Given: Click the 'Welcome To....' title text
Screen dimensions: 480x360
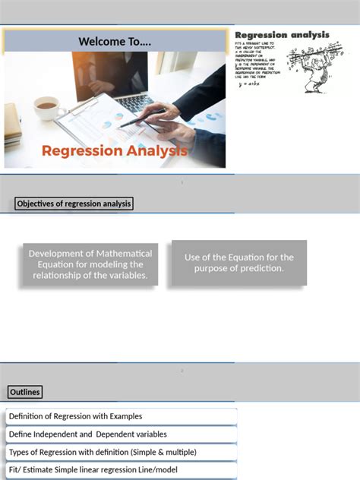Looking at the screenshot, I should [115, 41].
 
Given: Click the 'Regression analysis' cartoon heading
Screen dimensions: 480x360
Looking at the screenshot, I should [282, 35].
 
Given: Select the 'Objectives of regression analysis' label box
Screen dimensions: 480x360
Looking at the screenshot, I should [74, 204].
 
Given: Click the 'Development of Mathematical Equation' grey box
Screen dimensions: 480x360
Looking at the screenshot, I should [90, 264].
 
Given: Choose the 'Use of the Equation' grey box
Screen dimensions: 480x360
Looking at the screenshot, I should [238, 263].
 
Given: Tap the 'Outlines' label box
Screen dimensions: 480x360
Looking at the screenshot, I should [25, 392].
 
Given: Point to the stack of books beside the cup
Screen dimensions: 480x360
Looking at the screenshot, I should [13, 125].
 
